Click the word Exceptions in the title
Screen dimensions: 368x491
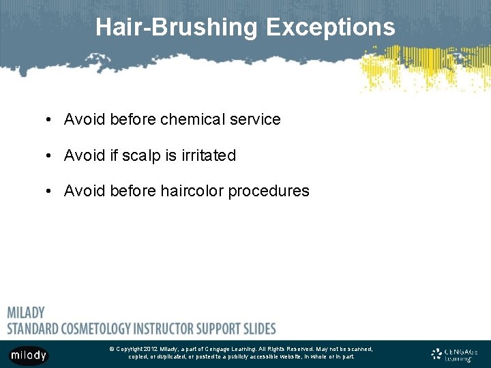click(330, 27)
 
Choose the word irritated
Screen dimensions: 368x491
click(209, 155)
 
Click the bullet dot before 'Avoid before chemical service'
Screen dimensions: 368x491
click(50, 120)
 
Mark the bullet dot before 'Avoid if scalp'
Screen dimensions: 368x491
click(50, 156)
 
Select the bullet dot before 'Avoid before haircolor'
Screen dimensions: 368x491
click(50, 191)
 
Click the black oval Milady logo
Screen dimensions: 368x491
click(28, 355)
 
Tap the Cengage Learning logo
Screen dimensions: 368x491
click(455, 354)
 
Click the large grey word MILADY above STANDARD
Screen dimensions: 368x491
click(26, 313)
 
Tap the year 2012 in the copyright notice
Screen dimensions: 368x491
click(151, 349)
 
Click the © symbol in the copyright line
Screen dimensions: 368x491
click(111, 349)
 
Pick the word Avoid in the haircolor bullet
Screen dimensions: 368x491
click(82, 191)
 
